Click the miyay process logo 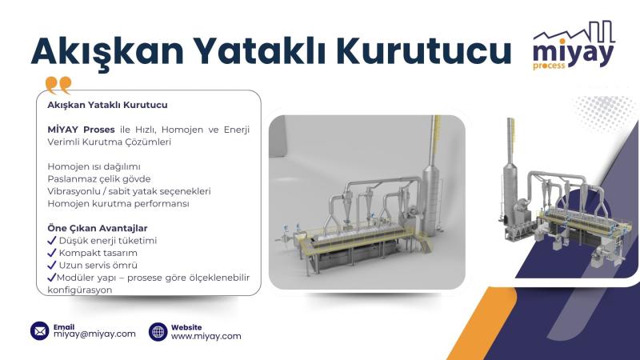pos(574,46)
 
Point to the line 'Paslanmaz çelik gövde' pos(99,178)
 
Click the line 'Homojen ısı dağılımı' pos(94,166)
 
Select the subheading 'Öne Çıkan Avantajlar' pos(98,229)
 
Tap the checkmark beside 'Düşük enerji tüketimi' pos(52,241)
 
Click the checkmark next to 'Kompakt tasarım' pos(52,253)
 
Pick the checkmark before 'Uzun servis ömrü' pos(52,265)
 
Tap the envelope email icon pos(40,331)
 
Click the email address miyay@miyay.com pos(94,334)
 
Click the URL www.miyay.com pos(206,336)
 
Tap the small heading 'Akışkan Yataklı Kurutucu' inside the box pos(107,105)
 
